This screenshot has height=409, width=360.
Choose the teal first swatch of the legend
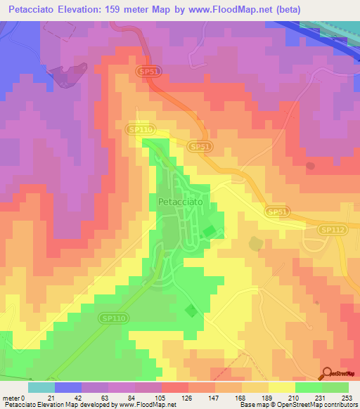[x=41, y=387]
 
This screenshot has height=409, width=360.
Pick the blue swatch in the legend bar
[x=67, y=387]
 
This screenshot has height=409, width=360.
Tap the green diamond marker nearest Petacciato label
[x=209, y=232]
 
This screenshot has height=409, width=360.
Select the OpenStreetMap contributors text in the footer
[x=320, y=405]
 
